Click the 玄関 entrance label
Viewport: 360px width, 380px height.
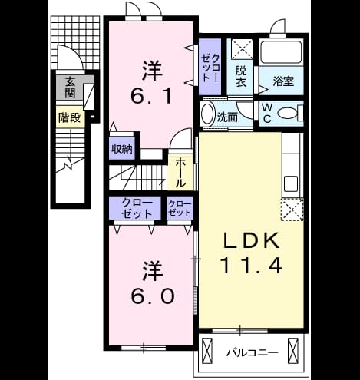coord(70,88)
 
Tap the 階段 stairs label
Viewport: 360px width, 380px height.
coord(70,117)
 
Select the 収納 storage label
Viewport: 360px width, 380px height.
coord(122,149)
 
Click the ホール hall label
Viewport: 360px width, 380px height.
coord(180,173)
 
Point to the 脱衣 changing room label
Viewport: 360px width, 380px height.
coord(241,76)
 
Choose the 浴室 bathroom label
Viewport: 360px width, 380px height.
coord(283,81)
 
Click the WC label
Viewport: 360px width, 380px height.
coord(267,113)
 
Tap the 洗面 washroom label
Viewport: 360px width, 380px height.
coord(227,117)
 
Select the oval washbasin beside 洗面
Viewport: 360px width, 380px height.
coord(208,114)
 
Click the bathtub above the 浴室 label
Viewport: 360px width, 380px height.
coord(281,52)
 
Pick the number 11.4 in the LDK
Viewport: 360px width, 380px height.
coord(252,265)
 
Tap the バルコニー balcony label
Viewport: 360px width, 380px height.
coord(253,353)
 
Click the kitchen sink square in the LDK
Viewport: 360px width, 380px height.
coord(291,183)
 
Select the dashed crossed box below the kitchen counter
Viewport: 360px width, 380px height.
coord(292,209)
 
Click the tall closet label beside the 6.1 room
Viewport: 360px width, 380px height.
coord(210,68)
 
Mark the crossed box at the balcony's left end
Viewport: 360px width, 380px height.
coord(207,351)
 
